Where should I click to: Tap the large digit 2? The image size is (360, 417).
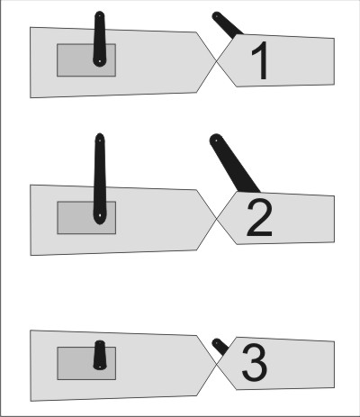[259, 218]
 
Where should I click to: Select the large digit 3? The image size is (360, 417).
[255, 364]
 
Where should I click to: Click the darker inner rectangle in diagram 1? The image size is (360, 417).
[86, 60]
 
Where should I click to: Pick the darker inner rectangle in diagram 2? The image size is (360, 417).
[86, 218]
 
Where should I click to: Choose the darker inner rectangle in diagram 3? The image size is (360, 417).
[86, 364]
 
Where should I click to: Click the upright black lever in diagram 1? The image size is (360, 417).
[100, 39]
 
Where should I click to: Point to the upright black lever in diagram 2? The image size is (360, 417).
[100, 179]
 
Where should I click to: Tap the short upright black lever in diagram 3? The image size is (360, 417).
[100, 355]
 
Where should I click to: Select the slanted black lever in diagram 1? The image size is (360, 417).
[228, 25]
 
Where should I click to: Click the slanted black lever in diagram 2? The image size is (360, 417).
[234, 164]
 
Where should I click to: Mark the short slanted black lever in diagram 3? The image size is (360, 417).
[220, 348]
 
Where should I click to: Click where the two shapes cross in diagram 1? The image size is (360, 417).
[216, 60]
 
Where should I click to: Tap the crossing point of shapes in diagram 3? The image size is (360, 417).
[216, 364]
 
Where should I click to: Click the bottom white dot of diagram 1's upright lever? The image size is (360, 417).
[100, 61]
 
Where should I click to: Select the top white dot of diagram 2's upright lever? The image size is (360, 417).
[100, 139]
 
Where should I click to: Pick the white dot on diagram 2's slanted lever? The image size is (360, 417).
[215, 140]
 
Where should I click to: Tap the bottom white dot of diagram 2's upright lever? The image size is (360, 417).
[100, 215]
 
